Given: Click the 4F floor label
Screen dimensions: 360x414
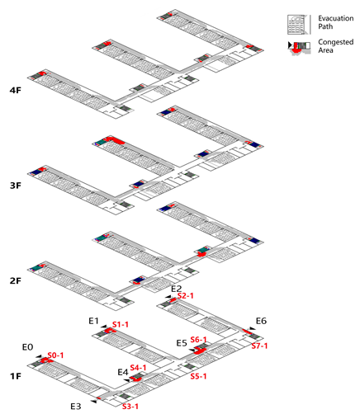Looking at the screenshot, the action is coord(16,90).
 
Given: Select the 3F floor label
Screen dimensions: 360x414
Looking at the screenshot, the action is coord(16,186).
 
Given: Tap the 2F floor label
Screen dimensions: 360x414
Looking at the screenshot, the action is coord(16,280).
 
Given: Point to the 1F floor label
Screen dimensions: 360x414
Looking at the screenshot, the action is coord(16,376).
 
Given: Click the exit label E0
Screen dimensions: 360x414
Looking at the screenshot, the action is coord(27,347).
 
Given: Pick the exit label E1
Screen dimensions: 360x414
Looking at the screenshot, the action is coord(93,321).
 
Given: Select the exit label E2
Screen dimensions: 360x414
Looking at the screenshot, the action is coord(177,289).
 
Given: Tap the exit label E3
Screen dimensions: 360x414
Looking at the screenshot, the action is coord(76,407).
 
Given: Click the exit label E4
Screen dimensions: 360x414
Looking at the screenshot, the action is coord(123,372).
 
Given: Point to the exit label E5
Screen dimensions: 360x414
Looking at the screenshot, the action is coord(182,343).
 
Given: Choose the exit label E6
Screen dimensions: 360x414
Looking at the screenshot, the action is coord(261,321).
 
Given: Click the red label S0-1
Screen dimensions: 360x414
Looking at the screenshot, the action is coord(55,355).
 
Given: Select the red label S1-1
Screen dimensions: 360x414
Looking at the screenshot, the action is coord(121,324).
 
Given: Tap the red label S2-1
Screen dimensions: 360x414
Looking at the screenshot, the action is coord(185,295).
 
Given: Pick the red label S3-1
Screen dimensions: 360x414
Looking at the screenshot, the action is coord(130,406).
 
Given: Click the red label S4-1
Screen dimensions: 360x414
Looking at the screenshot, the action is coord(138,368).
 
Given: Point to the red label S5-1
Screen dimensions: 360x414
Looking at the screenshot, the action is coord(198,376).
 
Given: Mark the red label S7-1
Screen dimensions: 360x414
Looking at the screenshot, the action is coord(259,346).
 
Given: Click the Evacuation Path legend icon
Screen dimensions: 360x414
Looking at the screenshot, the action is coord(296,25).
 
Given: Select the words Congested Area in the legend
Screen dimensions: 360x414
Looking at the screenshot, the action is coord(336,46).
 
